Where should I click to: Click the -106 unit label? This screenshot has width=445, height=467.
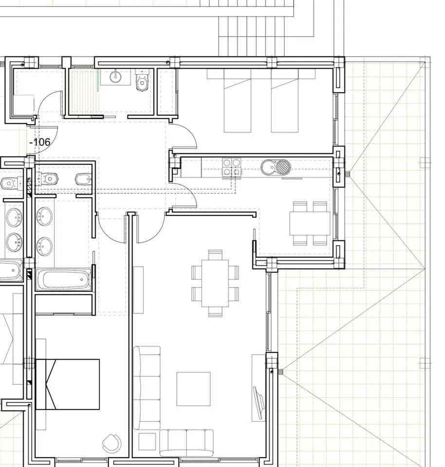[40, 142]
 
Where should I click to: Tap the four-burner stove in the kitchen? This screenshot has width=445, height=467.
[232, 167]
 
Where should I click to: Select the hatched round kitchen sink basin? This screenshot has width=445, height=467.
[283, 167]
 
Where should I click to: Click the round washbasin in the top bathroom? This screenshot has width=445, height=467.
[115, 77]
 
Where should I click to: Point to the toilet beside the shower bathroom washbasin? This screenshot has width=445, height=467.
[142, 80]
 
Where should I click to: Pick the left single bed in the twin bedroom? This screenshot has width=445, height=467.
[238, 101]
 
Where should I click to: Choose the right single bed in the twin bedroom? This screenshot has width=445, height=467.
[285, 101]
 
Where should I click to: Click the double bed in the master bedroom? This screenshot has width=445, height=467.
[68, 384]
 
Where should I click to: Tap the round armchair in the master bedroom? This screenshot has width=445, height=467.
[112, 443]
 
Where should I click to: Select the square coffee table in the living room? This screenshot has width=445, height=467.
[193, 389]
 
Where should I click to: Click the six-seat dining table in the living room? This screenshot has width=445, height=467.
[215, 283]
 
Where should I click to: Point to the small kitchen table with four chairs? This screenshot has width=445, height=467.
[310, 223]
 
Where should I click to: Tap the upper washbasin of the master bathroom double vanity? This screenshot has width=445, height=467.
[44, 216]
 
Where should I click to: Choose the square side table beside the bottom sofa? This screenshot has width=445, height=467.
[147, 442]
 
